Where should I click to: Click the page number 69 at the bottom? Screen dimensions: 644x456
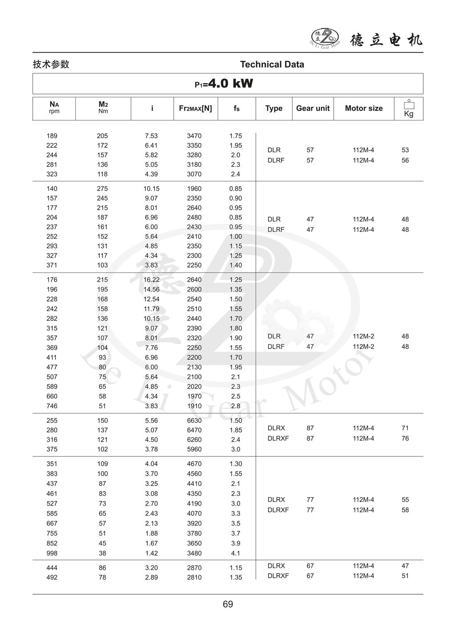click(228, 604)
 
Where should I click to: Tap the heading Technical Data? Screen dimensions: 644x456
click(272, 64)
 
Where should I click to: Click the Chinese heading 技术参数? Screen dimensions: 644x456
click(51, 64)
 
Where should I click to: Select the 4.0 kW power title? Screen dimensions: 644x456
click(224, 84)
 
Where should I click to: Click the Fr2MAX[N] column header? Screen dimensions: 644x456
click(195, 109)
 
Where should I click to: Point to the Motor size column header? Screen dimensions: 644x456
click(364, 109)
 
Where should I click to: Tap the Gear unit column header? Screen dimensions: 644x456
click(313, 109)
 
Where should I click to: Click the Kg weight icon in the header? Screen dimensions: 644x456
click(409, 109)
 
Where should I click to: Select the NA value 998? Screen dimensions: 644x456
click(52, 553)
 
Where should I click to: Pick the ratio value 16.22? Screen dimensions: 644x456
click(151, 280)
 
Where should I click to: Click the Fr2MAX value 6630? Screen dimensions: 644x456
click(194, 420)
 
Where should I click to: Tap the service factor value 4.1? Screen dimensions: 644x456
click(235, 553)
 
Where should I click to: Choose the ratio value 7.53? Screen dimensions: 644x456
click(151, 136)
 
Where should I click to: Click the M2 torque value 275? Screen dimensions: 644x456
click(102, 188)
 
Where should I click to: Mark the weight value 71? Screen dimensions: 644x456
click(405, 428)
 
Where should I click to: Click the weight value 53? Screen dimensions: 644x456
click(405, 150)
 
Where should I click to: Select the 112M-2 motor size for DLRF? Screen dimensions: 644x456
click(363, 347)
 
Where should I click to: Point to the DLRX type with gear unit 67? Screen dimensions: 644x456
click(276, 566)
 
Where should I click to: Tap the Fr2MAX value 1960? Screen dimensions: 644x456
click(194, 188)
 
